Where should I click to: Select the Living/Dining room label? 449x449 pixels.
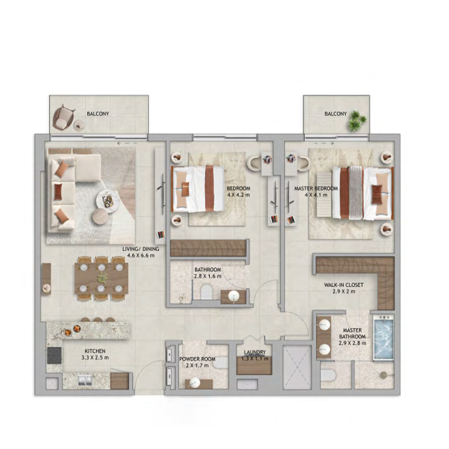pyautogui.click(x=141, y=249)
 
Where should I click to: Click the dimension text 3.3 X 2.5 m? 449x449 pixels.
pyautogui.click(x=95, y=357)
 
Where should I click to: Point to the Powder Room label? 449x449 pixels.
pyautogui.click(x=197, y=359)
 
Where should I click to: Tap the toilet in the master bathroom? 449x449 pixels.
pyautogui.click(x=328, y=375)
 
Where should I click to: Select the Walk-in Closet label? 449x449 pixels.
pyautogui.click(x=344, y=285)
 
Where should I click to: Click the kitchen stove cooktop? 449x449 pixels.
pyautogui.click(x=54, y=355)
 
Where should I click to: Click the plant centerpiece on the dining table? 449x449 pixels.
pyautogui.click(x=102, y=278)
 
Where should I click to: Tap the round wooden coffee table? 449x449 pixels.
pyautogui.click(x=100, y=216)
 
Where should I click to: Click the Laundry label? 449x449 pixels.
pyautogui.click(x=255, y=352)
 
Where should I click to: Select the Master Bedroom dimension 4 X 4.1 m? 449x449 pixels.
pyautogui.click(x=316, y=195)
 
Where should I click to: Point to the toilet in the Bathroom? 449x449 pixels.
pyautogui.click(x=206, y=292)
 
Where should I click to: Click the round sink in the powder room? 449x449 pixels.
pyautogui.click(x=195, y=382)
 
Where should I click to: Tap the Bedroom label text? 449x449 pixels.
pyautogui.click(x=238, y=189)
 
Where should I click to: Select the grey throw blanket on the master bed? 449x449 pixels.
pyautogui.click(x=356, y=192)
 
